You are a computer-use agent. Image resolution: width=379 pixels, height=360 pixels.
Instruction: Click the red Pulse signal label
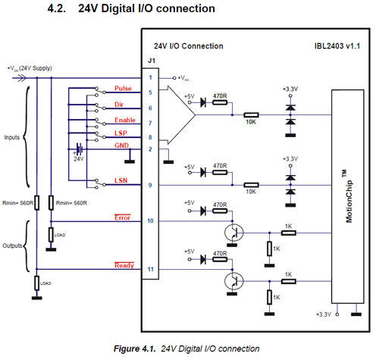(123, 89)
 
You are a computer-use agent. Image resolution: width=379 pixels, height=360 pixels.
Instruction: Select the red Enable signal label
(125, 120)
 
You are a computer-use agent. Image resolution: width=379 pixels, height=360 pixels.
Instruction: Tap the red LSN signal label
(121, 180)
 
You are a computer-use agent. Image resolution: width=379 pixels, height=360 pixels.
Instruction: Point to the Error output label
(123, 218)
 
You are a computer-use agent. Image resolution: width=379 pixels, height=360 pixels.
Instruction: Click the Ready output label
(124, 265)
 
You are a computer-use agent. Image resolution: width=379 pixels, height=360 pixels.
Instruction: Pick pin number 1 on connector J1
(150, 77)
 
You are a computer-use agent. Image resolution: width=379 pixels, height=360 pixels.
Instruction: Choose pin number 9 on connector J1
(150, 185)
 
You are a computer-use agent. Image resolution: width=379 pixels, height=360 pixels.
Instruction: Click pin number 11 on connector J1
(150, 269)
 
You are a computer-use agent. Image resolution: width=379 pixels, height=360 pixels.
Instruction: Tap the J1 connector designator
(152, 61)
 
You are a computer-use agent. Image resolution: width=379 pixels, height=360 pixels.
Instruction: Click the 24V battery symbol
(80, 149)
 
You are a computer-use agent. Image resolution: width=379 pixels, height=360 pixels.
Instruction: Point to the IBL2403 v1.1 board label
(337, 46)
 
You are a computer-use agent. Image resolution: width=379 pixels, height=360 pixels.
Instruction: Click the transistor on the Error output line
(234, 233)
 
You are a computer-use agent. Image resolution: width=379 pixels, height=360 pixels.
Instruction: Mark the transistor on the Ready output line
(234, 281)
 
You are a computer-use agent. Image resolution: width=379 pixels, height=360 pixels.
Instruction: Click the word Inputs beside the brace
(12, 137)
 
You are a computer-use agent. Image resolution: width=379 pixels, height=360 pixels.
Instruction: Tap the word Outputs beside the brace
(12, 246)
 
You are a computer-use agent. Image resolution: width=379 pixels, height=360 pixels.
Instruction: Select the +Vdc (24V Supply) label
(30, 68)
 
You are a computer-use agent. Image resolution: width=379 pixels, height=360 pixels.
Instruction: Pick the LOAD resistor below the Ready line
(37, 283)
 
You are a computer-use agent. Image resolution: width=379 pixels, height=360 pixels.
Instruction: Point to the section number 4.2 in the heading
(57, 8)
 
